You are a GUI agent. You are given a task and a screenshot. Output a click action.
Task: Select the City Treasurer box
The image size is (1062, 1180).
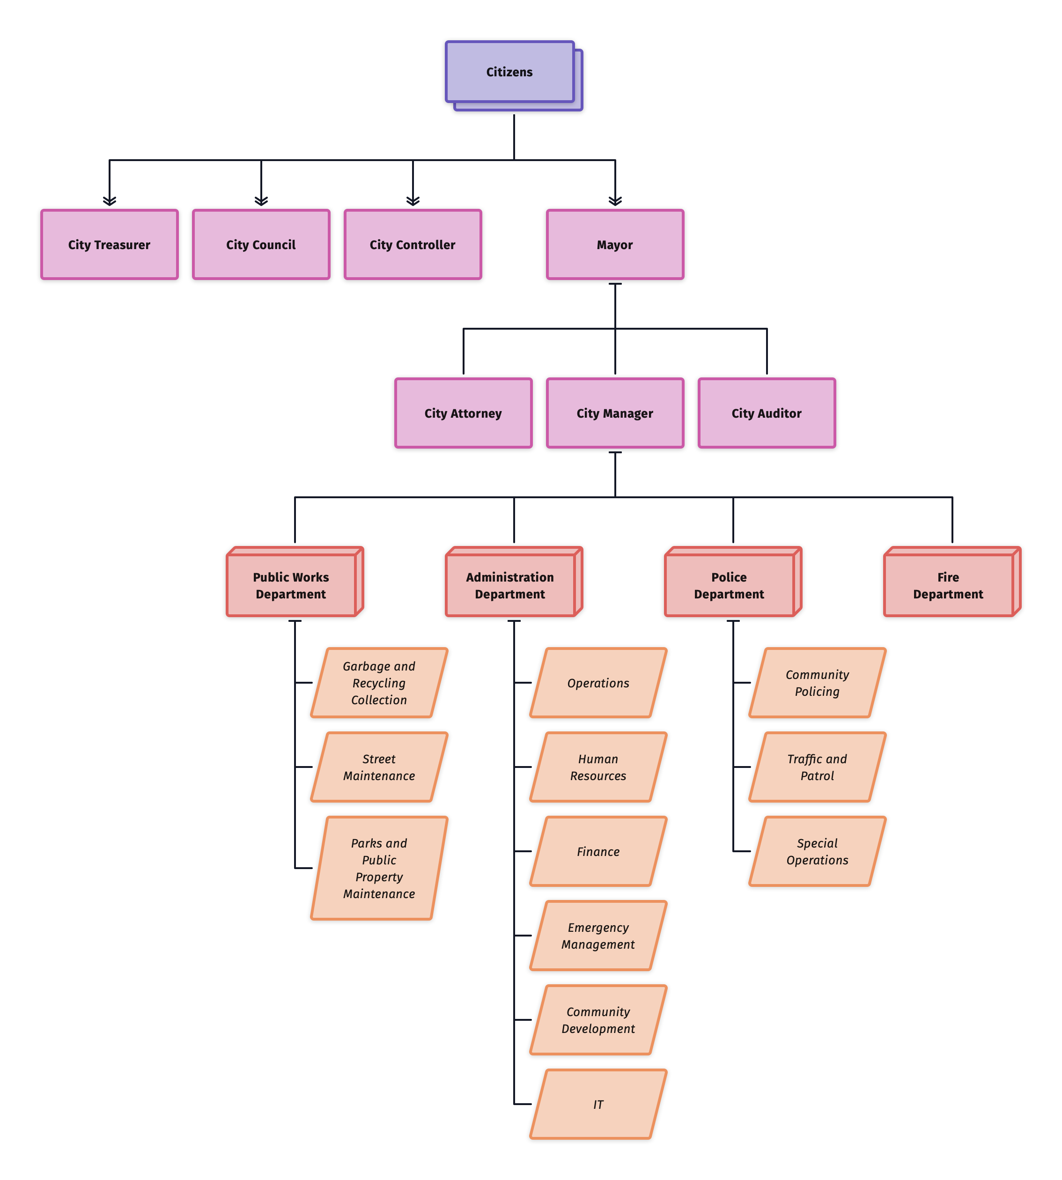pyautogui.click(x=109, y=244)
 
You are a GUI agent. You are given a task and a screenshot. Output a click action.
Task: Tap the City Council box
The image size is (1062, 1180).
pyautogui.click(x=261, y=244)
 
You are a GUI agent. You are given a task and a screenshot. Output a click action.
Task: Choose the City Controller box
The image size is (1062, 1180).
pyautogui.click(x=413, y=244)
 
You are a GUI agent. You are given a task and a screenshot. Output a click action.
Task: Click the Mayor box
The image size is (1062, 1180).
pyautogui.click(x=615, y=244)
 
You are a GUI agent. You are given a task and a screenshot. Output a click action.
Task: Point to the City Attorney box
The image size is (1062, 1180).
pyautogui.click(x=463, y=413)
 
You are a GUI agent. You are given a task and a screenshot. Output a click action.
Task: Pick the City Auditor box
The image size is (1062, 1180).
pyautogui.click(x=767, y=413)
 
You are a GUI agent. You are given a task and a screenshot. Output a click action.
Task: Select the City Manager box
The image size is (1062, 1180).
pyautogui.click(x=615, y=413)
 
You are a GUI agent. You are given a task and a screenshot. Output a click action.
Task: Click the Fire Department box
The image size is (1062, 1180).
pyautogui.click(x=948, y=585)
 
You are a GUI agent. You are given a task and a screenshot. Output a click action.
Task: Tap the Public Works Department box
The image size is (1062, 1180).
pyautogui.click(x=291, y=585)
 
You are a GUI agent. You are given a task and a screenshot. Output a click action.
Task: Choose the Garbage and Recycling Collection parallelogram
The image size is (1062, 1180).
pyautogui.click(x=379, y=683)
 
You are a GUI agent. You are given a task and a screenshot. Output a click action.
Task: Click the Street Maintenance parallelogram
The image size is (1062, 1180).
pyautogui.click(x=379, y=767)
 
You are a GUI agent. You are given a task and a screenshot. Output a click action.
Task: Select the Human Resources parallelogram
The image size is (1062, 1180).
pyautogui.click(x=598, y=767)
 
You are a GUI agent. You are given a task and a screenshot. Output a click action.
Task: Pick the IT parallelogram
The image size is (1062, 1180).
pyautogui.click(x=598, y=1104)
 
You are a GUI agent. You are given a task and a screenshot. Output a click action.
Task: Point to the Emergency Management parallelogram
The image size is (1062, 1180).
pyautogui.click(x=598, y=936)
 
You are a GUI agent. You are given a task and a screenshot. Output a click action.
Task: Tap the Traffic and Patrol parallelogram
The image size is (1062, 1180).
pyautogui.click(x=817, y=767)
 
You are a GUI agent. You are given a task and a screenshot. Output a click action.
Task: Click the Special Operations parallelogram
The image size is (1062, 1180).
pyautogui.click(x=817, y=851)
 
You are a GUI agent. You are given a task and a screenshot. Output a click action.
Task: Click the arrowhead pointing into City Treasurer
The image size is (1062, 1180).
pyautogui.click(x=110, y=201)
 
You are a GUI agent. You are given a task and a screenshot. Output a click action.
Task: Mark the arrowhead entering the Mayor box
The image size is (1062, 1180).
pyautogui.click(x=615, y=201)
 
